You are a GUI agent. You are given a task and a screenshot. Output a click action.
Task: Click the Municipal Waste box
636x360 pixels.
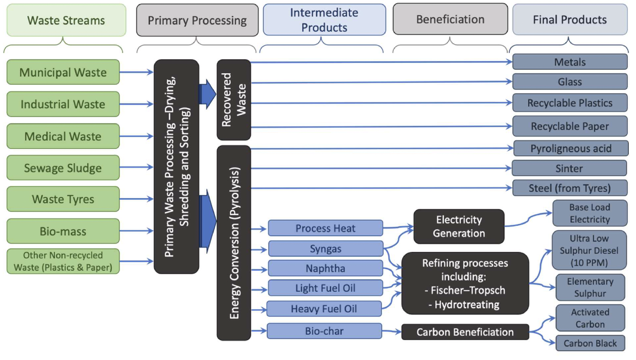[x=63, y=72]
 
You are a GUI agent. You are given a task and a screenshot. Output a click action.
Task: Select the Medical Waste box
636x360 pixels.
[x=63, y=136]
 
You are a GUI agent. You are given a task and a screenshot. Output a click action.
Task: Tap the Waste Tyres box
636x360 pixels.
[x=63, y=199]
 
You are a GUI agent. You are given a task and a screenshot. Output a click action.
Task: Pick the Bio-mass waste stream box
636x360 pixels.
[x=63, y=231]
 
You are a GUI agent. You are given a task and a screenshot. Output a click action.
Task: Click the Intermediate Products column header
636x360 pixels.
[x=324, y=20]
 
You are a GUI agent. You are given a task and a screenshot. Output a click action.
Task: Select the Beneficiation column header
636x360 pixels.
[x=450, y=20]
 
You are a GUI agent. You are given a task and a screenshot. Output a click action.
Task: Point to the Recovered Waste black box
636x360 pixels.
[x=234, y=100]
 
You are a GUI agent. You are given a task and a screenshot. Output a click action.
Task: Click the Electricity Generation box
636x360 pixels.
[x=459, y=227]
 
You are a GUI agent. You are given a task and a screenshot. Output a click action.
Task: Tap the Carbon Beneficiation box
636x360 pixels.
[x=465, y=332]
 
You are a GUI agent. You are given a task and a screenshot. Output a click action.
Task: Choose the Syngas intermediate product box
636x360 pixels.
[x=325, y=249]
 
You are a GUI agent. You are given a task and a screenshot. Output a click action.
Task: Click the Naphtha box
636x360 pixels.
[x=325, y=268]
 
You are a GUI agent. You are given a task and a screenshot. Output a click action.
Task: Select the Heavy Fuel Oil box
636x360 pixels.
[x=324, y=309]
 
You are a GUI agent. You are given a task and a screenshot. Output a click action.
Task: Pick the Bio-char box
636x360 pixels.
[x=324, y=331]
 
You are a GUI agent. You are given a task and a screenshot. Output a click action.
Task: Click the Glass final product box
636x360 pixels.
[x=570, y=82]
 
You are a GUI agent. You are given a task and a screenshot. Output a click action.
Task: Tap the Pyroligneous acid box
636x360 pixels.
[x=571, y=148]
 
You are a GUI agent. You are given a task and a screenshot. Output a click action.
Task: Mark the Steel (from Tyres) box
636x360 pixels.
[x=570, y=188]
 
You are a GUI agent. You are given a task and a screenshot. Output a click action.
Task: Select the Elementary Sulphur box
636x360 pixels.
[x=590, y=288]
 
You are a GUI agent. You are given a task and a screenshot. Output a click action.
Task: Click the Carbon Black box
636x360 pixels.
[x=590, y=344]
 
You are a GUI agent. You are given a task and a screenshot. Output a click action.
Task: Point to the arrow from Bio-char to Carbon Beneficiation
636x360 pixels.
[x=391, y=332]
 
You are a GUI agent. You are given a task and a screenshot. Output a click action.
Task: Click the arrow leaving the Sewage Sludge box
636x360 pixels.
[x=136, y=168]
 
